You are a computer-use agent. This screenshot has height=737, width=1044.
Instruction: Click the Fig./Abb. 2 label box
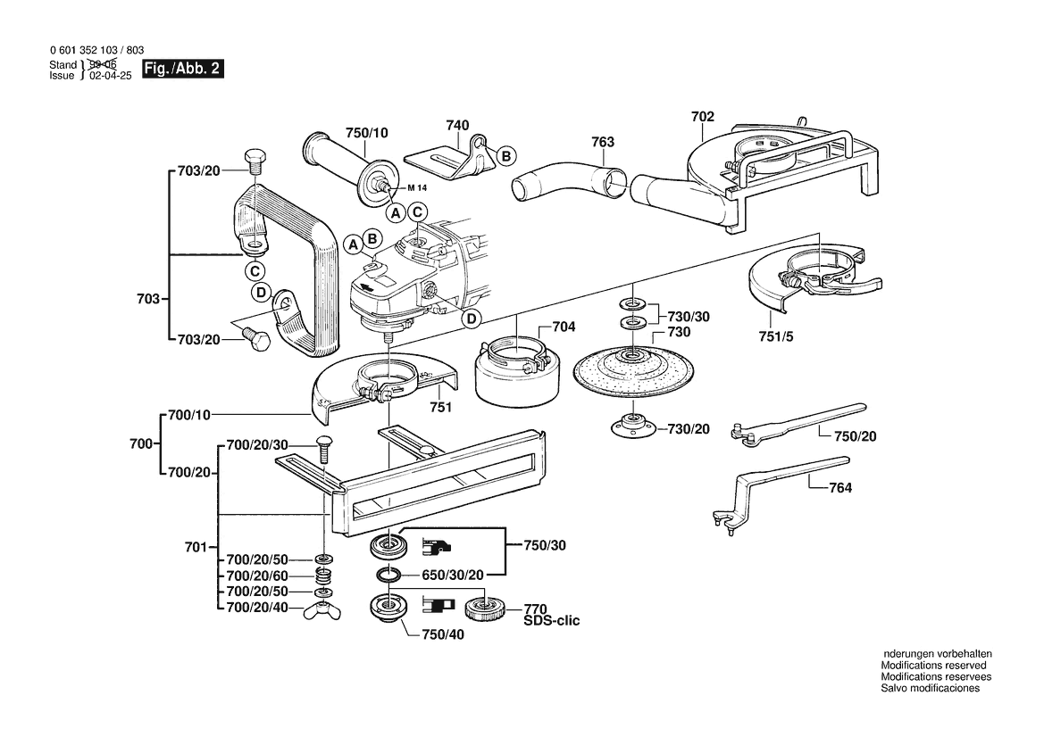[x=182, y=70]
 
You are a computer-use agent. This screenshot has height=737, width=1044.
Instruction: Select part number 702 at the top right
[x=702, y=116]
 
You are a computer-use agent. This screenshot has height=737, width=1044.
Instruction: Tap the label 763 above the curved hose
[x=603, y=142]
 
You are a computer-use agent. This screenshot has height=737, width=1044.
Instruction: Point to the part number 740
[x=457, y=126]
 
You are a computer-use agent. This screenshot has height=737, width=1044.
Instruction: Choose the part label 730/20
[x=689, y=429]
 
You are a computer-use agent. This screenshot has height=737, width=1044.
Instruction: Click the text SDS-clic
[x=551, y=620]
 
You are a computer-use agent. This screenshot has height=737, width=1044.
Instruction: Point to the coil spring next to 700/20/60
[x=322, y=576]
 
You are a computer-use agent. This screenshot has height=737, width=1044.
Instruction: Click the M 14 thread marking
[x=417, y=188]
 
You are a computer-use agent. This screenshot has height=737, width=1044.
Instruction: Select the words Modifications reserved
[x=933, y=666]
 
